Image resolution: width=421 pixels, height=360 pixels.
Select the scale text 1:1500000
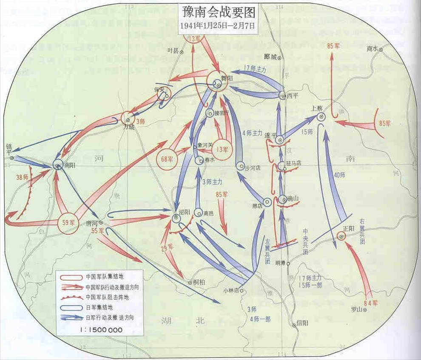tap(102, 329)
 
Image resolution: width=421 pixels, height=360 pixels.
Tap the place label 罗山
tap(356, 309)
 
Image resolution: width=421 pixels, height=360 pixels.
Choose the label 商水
tap(372, 49)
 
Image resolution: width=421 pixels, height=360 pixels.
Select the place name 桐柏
tap(200, 282)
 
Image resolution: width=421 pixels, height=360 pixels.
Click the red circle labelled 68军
tap(167, 160)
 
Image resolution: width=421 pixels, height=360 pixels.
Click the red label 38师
tap(23, 178)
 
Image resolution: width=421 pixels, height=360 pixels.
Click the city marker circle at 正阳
tap(341, 236)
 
